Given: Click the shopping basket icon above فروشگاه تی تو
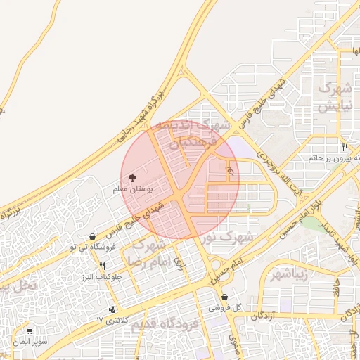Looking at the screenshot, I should click(x=93, y=237).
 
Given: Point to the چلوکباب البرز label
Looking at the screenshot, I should click(x=102, y=276).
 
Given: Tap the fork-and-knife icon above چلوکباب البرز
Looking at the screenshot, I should click(x=103, y=266).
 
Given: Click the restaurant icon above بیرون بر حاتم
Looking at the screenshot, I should click(x=345, y=148).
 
